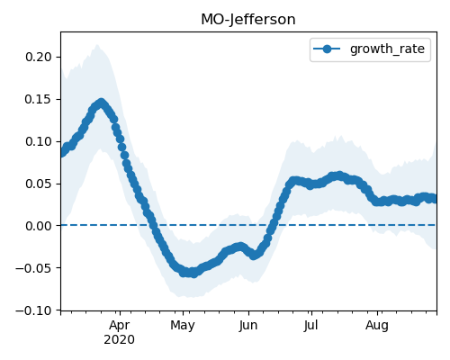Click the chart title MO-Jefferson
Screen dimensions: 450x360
[248, 20]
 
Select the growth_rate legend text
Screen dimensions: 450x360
[387, 49]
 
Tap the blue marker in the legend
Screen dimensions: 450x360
[327, 49]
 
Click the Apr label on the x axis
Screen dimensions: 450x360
[120, 326]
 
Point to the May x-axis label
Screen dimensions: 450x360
[183, 326]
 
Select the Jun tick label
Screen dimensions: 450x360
[248, 326]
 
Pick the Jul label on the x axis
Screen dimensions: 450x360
[310, 325]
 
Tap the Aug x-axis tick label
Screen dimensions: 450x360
[377, 326]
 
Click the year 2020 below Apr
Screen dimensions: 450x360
[119, 340]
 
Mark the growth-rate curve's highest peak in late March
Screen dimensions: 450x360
[102, 103]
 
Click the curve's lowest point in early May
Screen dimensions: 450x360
[193, 274]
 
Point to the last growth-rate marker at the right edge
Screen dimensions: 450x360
[435, 199]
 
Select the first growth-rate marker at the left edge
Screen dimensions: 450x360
[63, 152]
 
